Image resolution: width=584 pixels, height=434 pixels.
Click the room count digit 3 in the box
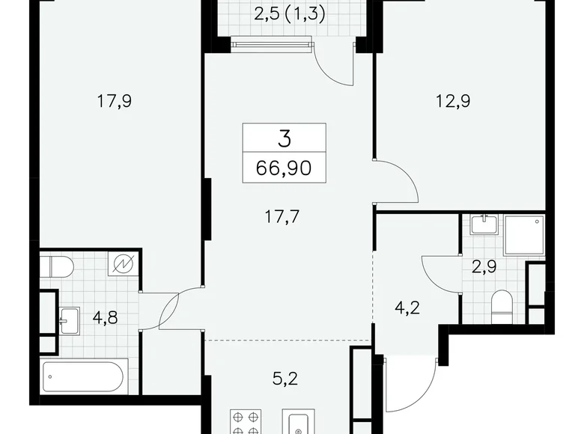284,139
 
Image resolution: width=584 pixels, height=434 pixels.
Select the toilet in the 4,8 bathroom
58,266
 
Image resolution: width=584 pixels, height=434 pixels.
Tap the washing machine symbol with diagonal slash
123,264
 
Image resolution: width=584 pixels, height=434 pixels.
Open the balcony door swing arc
334,64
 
